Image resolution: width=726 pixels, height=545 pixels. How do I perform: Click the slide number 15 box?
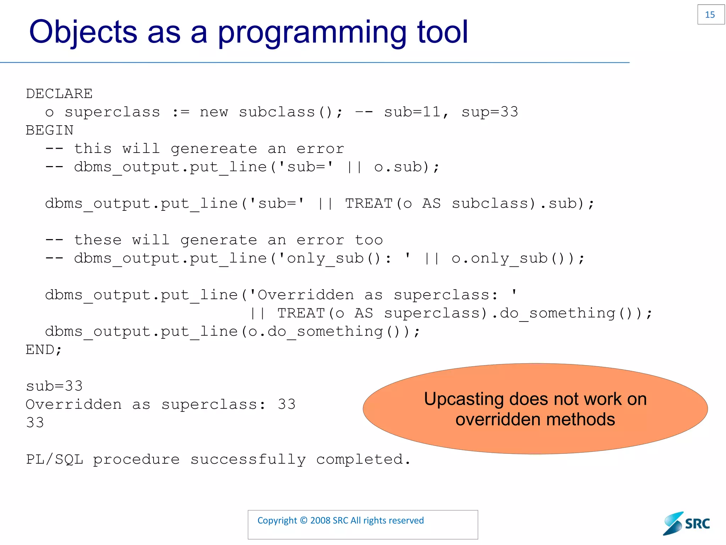click(710, 15)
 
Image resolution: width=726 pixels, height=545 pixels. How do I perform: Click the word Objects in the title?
click(83, 32)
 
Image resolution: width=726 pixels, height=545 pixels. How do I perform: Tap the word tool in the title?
click(442, 32)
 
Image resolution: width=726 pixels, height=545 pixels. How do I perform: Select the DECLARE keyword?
click(59, 94)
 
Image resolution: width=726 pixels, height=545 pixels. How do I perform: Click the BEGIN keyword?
click(50, 131)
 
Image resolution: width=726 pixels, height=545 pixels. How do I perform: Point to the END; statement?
click(44, 350)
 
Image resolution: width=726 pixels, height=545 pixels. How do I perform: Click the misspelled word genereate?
click(214, 149)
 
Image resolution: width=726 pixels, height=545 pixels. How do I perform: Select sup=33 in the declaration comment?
click(490, 112)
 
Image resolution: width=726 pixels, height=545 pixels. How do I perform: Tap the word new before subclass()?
click(214, 112)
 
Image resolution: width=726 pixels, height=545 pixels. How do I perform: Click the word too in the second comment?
click(369, 240)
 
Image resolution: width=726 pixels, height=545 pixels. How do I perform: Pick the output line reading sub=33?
click(54, 386)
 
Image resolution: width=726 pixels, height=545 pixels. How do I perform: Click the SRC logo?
click(687, 524)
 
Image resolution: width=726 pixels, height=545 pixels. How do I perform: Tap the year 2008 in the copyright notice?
click(320, 521)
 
